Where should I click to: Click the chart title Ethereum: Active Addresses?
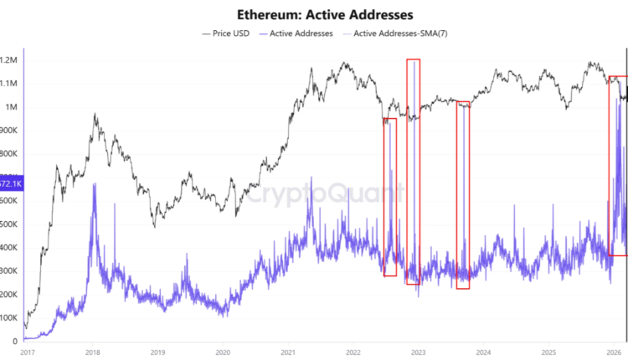pos(314,14)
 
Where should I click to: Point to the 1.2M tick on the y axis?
pos(10,60)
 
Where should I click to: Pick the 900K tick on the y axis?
pos(10,131)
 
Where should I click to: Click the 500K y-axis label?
pos(10,224)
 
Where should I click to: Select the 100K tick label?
pos(10,318)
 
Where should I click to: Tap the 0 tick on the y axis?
pos(15,342)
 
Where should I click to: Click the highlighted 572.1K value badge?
pos(11,183)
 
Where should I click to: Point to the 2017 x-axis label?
pos(25,352)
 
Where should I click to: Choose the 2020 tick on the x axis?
pos(222,352)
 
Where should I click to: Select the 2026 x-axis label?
pos(614,352)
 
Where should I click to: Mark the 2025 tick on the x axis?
pos(548,352)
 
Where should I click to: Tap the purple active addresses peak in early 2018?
pos(95,184)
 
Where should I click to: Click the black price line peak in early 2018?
pos(95,115)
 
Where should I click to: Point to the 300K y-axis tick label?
pos(10,271)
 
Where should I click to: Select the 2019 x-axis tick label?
pos(157,352)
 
